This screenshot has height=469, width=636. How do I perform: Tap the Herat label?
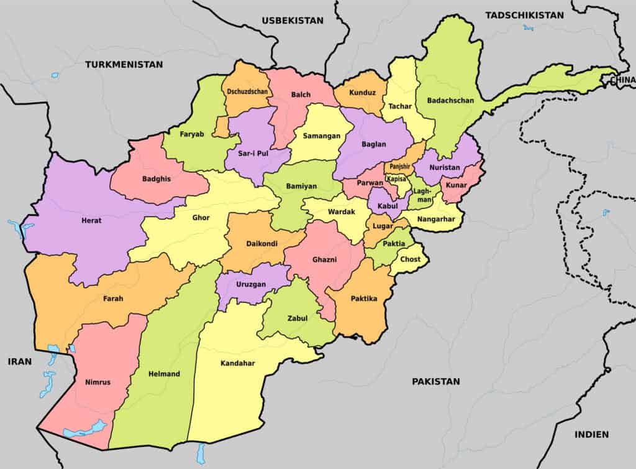coord(91,221)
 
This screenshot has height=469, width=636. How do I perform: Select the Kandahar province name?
coord(238,363)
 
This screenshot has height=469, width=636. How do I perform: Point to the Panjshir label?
coord(398,167)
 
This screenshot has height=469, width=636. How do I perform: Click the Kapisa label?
coord(396,179)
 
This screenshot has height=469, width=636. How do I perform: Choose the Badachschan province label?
coord(450,100)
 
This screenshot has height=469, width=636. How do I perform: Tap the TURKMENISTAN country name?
coord(124,64)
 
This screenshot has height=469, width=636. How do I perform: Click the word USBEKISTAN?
coord(293,20)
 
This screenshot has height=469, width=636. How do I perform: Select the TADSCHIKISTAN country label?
coord(525,15)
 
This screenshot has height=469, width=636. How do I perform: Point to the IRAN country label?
coord(19,361)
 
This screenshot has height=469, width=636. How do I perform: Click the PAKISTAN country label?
coord(436,381)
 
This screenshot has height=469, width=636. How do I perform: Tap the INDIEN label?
coord(591,434)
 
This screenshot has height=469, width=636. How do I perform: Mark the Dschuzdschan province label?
coord(248,91)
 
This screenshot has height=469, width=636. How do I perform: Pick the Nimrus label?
coord(98,382)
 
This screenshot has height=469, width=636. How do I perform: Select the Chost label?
coord(410,259)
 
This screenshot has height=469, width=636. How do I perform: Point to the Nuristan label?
coord(445,168)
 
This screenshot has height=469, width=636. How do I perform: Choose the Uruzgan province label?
coord(252,284)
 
